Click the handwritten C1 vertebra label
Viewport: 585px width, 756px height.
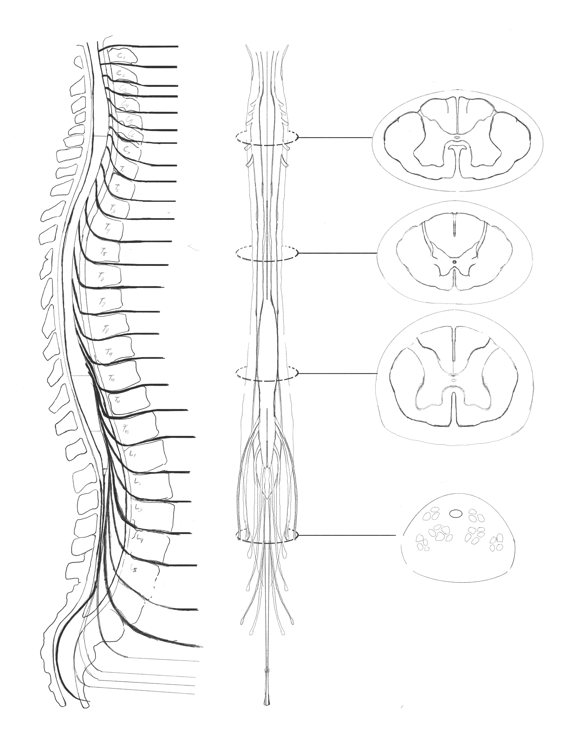click(120, 56)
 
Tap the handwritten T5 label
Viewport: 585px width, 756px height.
click(104, 252)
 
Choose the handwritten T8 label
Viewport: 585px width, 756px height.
click(105, 330)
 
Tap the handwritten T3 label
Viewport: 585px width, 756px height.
click(113, 209)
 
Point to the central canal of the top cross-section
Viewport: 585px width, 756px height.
click(457, 137)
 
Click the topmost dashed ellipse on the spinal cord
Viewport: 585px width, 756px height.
click(266, 137)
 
